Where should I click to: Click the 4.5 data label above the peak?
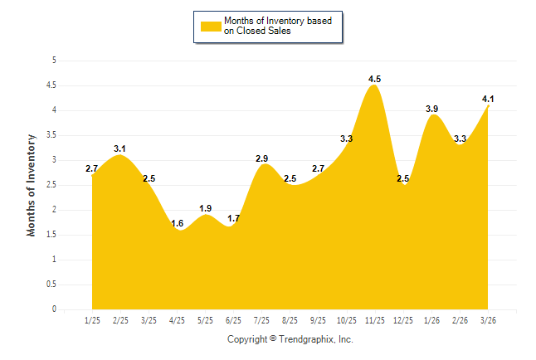(x=375, y=79)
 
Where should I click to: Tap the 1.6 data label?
(x=177, y=223)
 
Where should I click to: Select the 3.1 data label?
(x=119, y=148)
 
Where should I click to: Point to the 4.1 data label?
(x=488, y=99)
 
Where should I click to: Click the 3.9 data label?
(x=432, y=109)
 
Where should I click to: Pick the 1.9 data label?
(x=206, y=208)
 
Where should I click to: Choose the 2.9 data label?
(x=261, y=158)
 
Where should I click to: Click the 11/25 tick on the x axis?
(x=375, y=319)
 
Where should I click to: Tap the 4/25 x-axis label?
(x=177, y=319)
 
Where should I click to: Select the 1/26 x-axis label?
(x=431, y=319)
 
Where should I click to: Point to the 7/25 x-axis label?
(x=261, y=319)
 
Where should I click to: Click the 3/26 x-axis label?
(x=488, y=319)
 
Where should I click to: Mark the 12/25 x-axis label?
(x=403, y=319)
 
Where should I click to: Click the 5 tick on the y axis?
(x=54, y=61)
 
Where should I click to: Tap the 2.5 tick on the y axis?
(x=51, y=185)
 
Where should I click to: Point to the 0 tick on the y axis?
(x=54, y=309)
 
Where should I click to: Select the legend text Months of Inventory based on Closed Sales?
(x=278, y=27)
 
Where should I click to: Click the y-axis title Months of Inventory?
(x=32, y=185)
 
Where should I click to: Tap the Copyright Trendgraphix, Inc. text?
(x=290, y=339)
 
